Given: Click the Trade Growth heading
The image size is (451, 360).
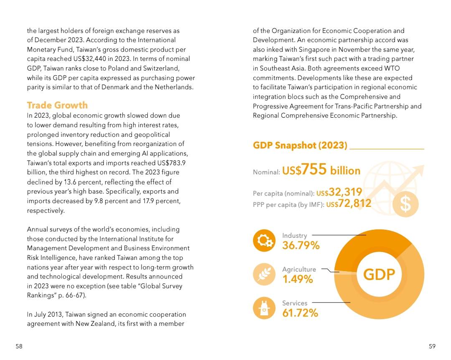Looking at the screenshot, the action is tap(57, 105).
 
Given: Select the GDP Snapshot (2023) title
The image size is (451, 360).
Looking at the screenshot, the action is tap(300, 145).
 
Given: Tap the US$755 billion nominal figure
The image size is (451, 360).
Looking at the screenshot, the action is tap(321, 169).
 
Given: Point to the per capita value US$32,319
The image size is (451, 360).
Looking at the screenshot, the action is tap(339, 192).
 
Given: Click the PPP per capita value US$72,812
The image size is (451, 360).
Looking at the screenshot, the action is tap(349, 204).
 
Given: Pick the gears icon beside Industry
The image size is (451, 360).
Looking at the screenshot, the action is tap(264, 240).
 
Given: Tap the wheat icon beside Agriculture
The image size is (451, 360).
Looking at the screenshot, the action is tap(264, 274).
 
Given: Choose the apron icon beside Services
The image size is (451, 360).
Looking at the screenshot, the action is tap(264, 308).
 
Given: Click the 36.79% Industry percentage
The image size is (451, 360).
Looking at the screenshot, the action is tap(301, 245).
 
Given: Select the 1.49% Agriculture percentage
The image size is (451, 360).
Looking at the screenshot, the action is tap(297, 279).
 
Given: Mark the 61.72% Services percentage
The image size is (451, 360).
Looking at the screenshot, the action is tap(300, 313).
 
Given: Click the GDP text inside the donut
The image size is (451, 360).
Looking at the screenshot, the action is tap(379, 274).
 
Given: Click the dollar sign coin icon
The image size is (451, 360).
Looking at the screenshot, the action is tap(405, 204).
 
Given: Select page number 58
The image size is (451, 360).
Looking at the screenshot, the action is tap(19, 346).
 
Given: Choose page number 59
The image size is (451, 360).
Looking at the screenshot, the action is tap(432, 346).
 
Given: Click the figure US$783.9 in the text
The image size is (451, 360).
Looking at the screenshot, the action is tap(171, 163).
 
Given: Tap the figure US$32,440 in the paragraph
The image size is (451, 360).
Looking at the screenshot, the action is tap(89, 59).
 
